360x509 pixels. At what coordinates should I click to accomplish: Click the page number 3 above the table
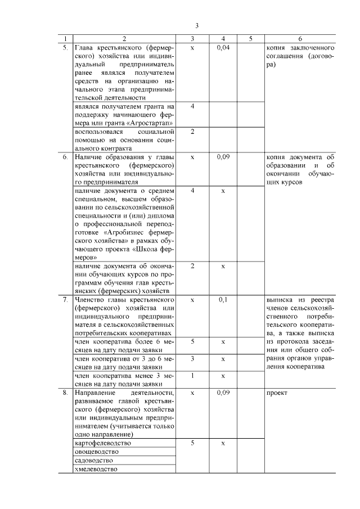coord(197,26)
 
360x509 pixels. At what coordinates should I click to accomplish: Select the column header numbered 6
coord(300,39)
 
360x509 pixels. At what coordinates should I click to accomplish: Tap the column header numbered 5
coord(250,39)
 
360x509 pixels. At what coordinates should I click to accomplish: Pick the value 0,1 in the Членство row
coord(223,300)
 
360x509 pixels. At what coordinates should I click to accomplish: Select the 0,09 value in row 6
coord(223,157)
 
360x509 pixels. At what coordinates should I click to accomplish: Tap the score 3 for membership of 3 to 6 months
coord(192,358)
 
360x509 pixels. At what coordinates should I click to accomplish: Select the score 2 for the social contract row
coord(192,132)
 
